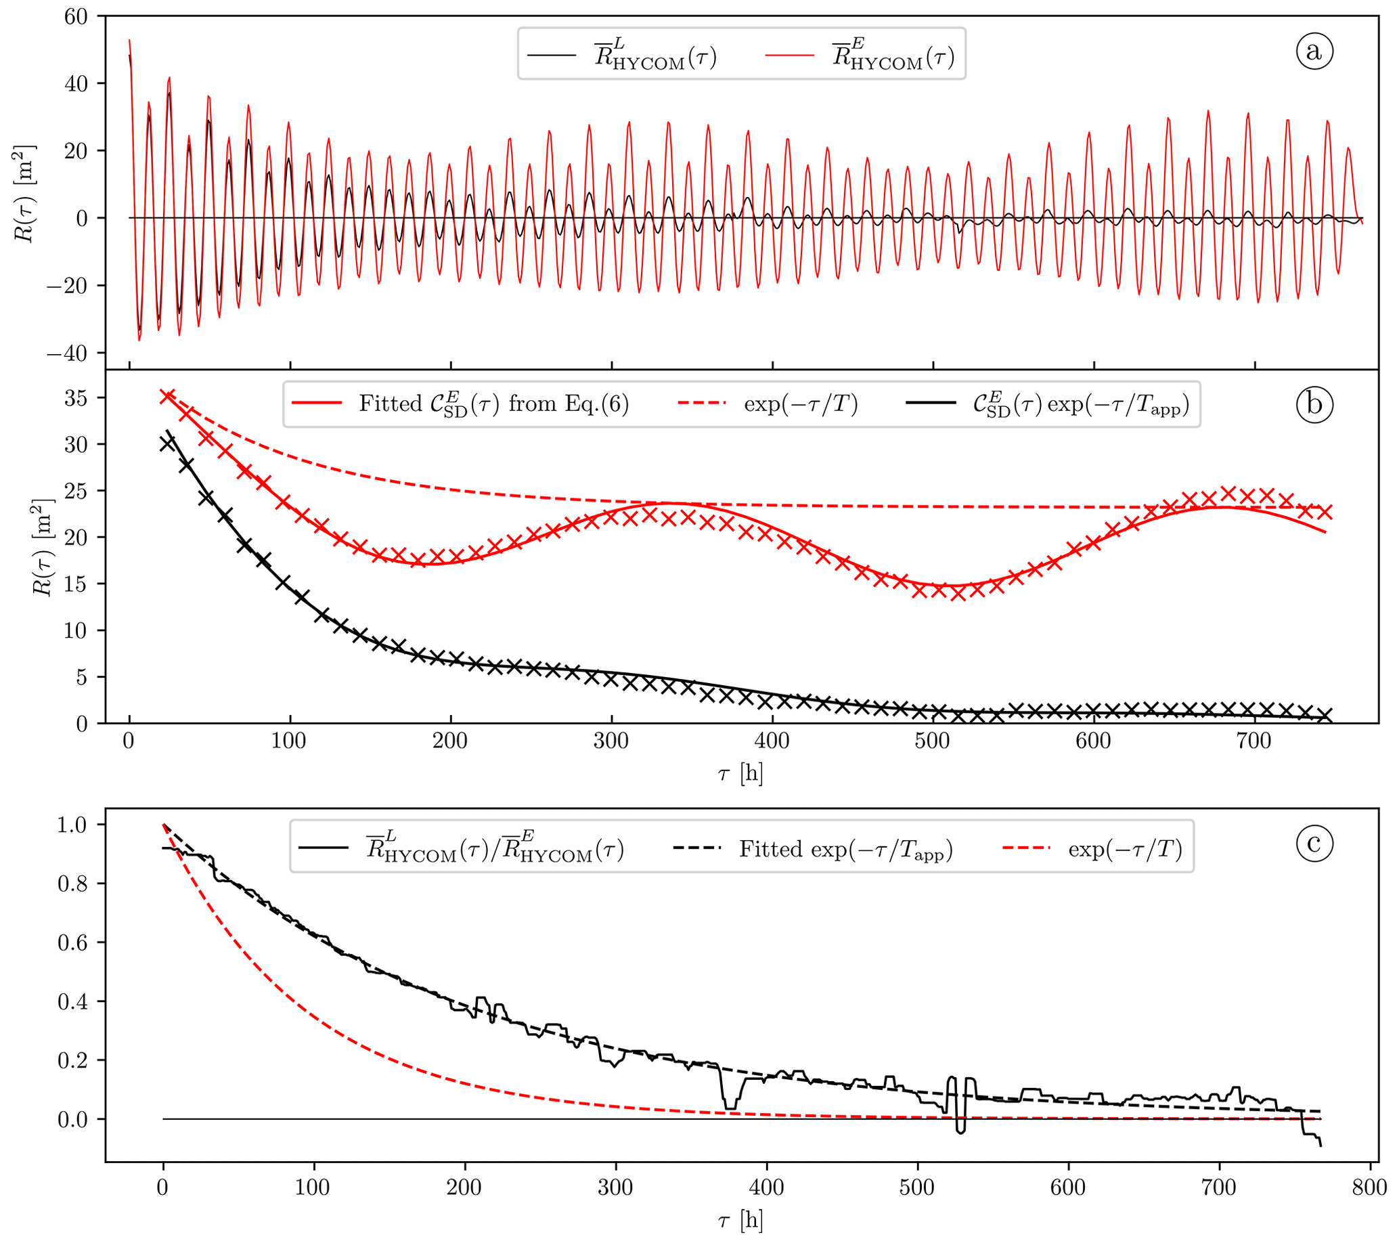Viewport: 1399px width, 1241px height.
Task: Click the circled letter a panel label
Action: pos(1314,51)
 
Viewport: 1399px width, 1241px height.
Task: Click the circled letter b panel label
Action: pos(1314,404)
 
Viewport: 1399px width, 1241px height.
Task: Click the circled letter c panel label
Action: pos(1314,843)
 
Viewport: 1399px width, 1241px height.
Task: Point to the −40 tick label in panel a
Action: pos(67,353)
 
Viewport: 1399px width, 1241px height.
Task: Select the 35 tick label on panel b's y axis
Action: pos(76,397)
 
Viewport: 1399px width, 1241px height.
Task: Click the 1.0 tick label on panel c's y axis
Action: pos(72,825)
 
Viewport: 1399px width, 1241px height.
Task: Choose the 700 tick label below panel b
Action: pos(1254,741)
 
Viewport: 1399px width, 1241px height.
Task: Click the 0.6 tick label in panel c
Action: pos(72,943)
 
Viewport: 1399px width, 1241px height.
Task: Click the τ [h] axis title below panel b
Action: pos(740,773)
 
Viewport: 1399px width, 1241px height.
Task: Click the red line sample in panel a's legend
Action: pos(789,55)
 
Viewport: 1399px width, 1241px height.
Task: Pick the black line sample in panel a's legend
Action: pos(551,55)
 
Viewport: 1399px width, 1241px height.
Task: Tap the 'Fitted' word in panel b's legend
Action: pos(390,404)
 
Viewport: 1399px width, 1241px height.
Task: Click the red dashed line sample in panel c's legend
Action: pos(1025,849)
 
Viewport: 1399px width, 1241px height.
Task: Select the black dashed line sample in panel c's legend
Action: pos(696,849)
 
